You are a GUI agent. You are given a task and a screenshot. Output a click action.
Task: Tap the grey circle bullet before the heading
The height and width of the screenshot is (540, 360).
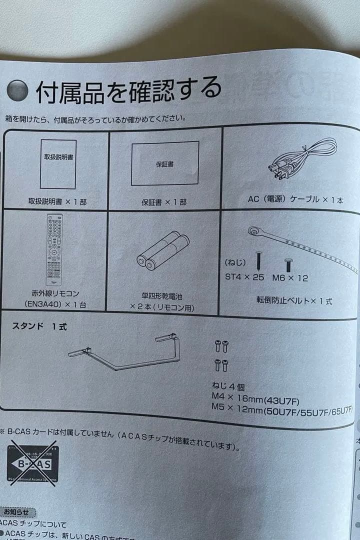[x=17, y=91]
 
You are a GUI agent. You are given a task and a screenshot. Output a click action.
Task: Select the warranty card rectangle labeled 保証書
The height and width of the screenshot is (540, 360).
[x=165, y=163]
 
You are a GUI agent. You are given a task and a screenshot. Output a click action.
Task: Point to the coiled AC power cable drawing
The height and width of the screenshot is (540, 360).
[x=303, y=159]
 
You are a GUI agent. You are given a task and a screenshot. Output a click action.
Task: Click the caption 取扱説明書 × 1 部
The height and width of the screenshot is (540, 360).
[x=57, y=201]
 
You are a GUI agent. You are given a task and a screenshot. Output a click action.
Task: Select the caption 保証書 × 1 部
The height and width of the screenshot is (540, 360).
[x=164, y=202]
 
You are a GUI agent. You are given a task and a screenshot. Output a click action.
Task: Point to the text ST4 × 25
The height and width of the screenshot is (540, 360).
[x=244, y=277]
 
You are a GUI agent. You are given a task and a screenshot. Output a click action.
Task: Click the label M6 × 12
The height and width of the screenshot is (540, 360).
[x=290, y=277]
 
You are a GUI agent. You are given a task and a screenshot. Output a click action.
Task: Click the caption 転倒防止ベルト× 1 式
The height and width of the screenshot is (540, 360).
[x=293, y=301]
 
